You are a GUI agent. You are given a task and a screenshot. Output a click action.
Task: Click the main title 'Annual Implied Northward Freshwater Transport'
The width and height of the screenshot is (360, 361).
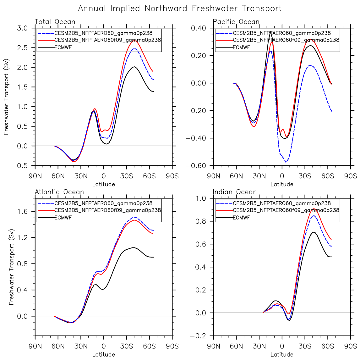180,8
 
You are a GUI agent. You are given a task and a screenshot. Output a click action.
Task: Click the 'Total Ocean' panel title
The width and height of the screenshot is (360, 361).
55,22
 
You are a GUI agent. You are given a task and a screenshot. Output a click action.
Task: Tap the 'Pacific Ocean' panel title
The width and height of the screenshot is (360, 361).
236,22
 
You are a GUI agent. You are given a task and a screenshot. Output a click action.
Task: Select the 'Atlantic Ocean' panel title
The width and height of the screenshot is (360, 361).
59,192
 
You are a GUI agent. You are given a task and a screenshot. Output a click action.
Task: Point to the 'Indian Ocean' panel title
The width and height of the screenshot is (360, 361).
235,192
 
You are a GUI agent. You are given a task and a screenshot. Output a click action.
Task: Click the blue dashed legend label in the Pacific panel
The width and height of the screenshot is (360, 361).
281,33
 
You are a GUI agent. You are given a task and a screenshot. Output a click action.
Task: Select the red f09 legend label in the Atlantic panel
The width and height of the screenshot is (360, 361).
107,210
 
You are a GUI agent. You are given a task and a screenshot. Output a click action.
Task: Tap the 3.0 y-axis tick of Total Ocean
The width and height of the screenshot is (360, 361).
23,28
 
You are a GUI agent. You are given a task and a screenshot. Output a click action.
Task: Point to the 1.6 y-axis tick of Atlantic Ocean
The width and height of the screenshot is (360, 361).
23,212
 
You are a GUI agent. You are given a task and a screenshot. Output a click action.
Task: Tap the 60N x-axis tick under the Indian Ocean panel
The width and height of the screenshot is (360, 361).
236,346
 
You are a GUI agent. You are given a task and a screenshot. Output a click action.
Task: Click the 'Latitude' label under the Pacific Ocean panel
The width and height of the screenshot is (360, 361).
282,184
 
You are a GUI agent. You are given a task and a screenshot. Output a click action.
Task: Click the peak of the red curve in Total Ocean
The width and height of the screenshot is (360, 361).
134,41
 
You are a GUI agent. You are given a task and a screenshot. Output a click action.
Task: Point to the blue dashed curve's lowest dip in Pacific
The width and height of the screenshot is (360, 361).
286,162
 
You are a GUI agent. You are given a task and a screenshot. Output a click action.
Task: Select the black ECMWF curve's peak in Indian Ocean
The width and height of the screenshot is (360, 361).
313,232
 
